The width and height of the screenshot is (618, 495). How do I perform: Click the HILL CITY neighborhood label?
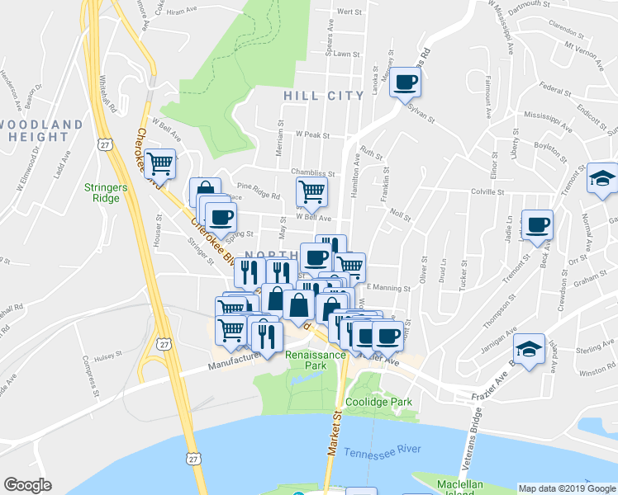[x=323, y=96]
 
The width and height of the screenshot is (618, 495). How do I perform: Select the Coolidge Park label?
[x=378, y=402]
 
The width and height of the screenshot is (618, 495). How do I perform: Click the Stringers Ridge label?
[x=106, y=192]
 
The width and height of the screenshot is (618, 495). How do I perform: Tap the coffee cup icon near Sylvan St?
[x=405, y=82]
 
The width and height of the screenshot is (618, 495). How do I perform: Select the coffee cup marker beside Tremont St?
[x=537, y=225]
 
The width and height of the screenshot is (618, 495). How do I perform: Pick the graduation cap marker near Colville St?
[x=602, y=178]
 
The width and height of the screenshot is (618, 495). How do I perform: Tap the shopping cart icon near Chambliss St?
[x=311, y=191]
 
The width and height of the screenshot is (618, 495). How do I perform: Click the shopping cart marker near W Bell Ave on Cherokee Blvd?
[x=159, y=164]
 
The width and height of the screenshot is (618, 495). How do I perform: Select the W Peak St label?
[x=313, y=135]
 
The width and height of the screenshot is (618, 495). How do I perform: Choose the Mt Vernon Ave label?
[x=581, y=50]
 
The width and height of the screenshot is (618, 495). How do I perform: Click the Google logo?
[x=27, y=485]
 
